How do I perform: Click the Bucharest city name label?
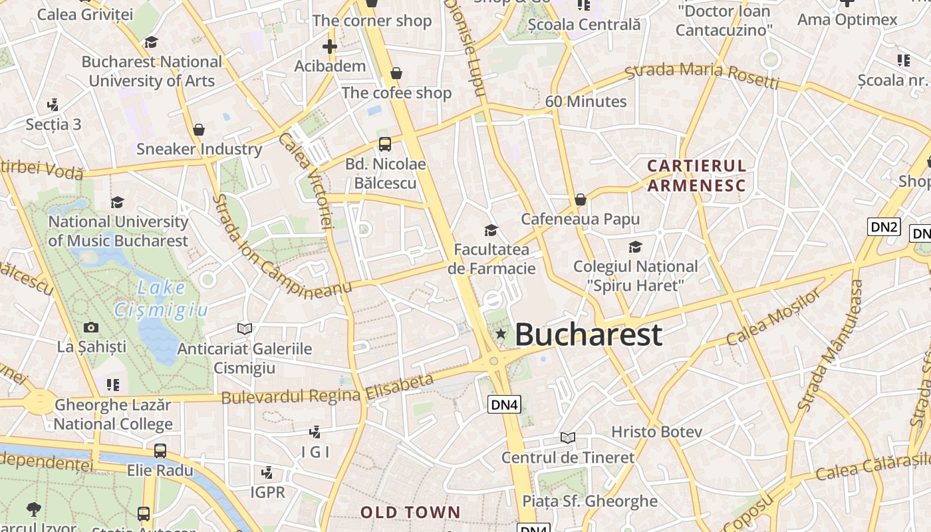(x=589, y=334)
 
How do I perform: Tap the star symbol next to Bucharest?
(x=501, y=334)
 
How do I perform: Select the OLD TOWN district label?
(x=410, y=512)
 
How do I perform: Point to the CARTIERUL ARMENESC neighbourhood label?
(x=697, y=176)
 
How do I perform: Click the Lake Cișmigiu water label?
(x=162, y=299)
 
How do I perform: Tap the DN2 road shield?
(x=884, y=227)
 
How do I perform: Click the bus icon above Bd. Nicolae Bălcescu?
(x=384, y=144)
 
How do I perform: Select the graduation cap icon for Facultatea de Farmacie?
(x=491, y=230)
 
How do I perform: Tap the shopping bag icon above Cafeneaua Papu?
(x=580, y=199)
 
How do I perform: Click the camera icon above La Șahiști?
(x=91, y=327)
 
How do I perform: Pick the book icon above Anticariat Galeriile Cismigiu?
(x=245, y=329)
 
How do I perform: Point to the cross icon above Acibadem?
(x=329, y=46)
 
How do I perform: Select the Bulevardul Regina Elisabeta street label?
(x=327, y=390)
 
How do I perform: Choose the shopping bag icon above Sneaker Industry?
(x=198, y=129)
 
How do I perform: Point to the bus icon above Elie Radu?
(x=160, y=450)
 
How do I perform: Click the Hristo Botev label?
(x=656, y=432)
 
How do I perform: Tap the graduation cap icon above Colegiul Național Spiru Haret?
(x=635, y=247)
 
